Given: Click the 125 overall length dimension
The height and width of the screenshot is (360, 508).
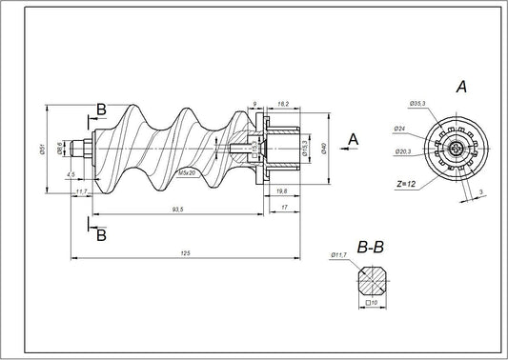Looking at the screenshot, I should [185, 251].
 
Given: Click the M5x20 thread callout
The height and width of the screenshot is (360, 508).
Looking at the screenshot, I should [187, 173].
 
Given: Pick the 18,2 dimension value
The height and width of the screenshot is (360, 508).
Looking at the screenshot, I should [283, 102].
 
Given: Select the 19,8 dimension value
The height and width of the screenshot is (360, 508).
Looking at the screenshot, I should [282, 191].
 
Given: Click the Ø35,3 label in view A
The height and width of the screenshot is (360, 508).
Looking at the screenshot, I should [417, 103].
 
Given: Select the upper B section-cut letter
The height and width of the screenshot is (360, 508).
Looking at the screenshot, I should [101, 106].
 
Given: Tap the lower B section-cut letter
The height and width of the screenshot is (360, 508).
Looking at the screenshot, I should [101, 231].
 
